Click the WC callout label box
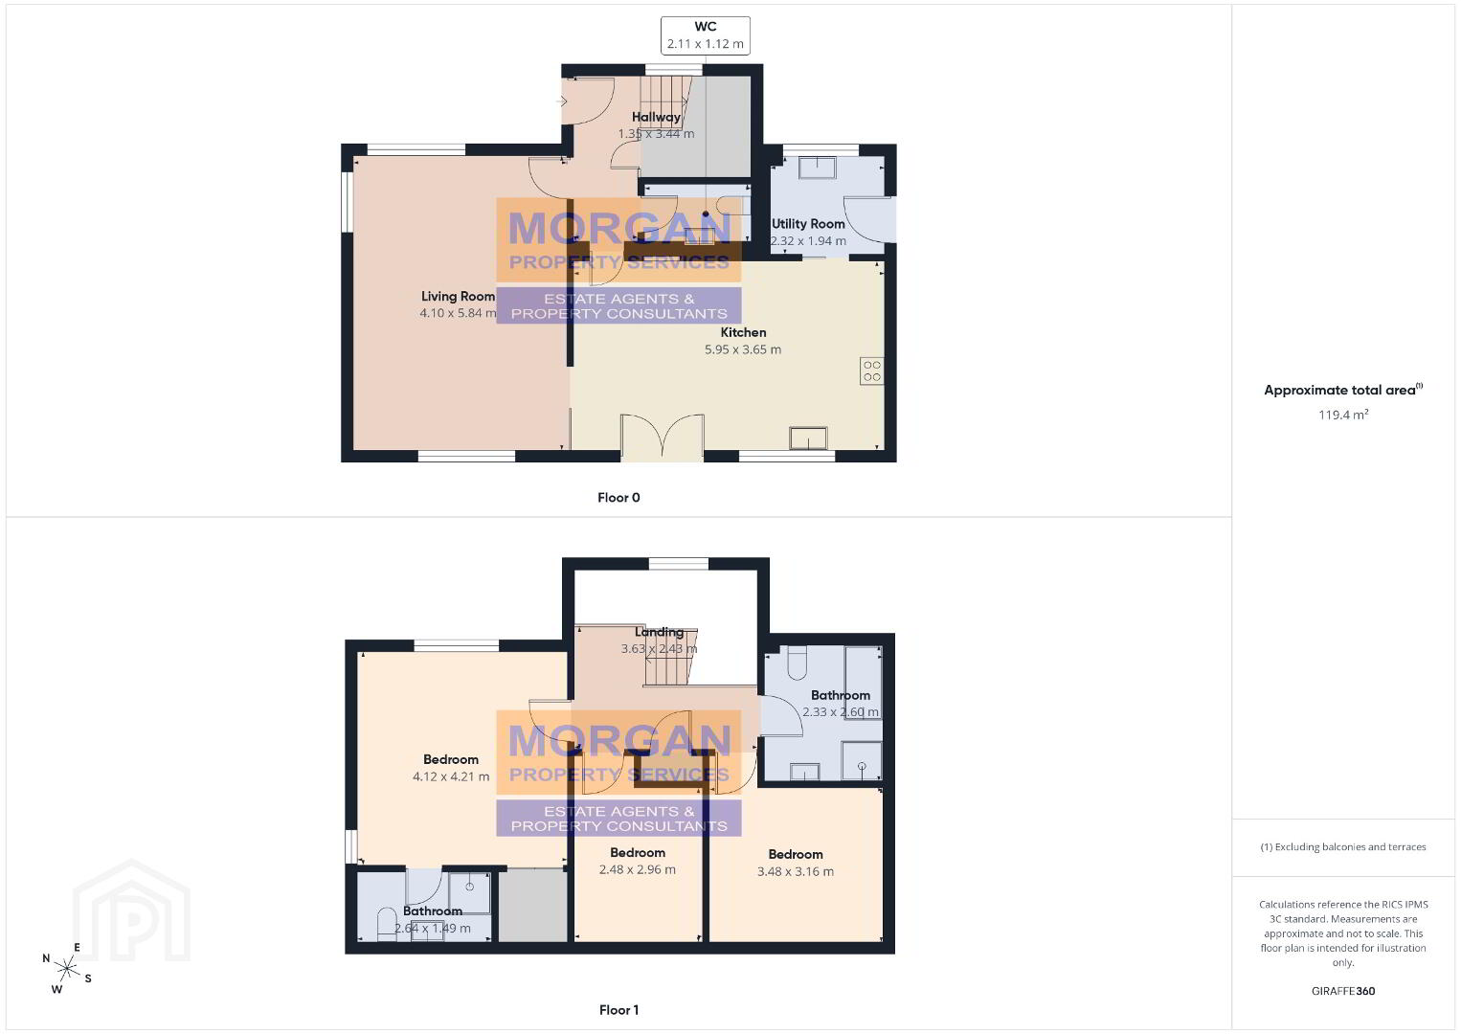tap(705, 35)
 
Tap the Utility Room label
tap(808, 224)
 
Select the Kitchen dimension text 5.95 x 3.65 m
tap(743, 349)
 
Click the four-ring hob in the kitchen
tap(872, 371)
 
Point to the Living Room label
tap(458, 296)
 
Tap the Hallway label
tap(656, 118)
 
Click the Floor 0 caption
tap(619, 498)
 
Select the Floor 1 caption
tap(619, 1010)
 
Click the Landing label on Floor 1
tap(660, 632)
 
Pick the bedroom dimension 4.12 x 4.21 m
tap(451, 777)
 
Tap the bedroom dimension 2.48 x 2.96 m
tap(638, 869)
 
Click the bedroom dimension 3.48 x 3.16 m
tap(795, 871)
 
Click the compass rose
tap(66, 968)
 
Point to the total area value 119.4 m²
tap(1343, 415)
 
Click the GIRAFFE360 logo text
tap(1343, 991)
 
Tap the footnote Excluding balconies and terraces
tap(1343, 846)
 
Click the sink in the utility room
tap(818, 167)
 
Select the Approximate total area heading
tap(1343, 390)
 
